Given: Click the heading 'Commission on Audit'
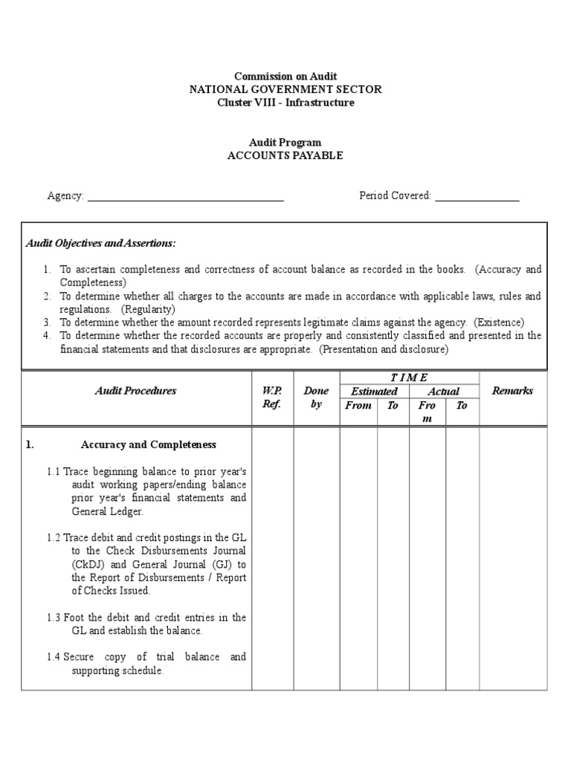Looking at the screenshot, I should point(285,76).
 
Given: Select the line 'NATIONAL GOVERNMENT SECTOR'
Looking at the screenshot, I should point(285,89).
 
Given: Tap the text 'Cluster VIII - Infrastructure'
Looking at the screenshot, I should point(285,103).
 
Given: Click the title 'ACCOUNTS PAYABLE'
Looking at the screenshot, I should point(285,155).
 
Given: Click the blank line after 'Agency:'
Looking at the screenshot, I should point(185,197).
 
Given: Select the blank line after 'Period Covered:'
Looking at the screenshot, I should point(477,197).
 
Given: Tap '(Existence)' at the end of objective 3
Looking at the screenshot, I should point(500,323).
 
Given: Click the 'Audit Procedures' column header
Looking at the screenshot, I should point(135,391).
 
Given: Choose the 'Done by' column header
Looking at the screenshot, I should point(316,398).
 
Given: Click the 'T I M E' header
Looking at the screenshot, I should point(409,378).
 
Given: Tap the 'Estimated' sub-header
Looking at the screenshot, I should point(374,392).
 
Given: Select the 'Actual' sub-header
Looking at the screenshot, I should point(443,392).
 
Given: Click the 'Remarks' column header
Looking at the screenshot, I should point(512,391).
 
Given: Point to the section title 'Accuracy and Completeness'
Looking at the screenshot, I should point(148,445).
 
